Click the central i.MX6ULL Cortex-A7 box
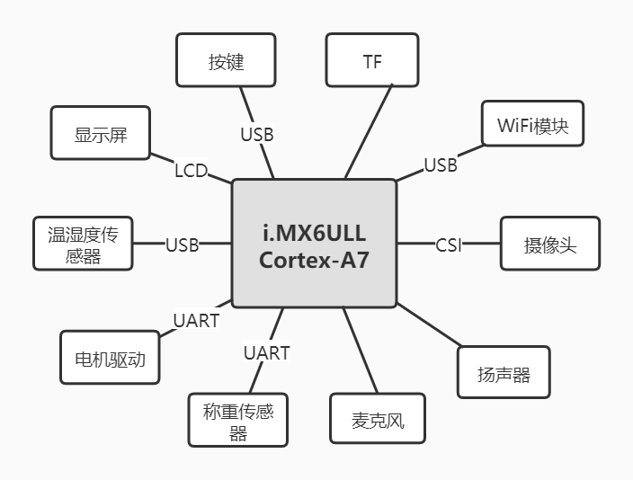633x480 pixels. point(314,243)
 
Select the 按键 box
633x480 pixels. point(226,62)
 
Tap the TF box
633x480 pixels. point(372,62)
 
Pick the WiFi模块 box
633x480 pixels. point(532,126)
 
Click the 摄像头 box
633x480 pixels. point(549,244)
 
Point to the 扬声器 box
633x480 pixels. point(504,373)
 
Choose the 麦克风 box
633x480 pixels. point(377,421)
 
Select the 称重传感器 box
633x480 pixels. point(238,420)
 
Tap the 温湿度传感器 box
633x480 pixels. point(83,244)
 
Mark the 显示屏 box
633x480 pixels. point(101,134)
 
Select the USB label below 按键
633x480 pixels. point(257,135)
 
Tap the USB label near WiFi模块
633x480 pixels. point(441,165)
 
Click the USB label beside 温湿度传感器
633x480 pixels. point(182,244)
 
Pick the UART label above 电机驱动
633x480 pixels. point(196,320)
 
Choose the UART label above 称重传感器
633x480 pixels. point(267,352)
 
